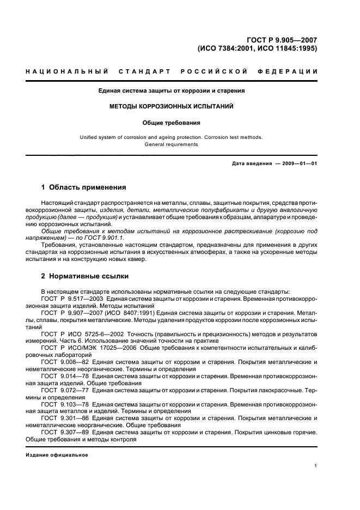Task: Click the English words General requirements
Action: click(171, 145)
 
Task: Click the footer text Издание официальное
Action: click(57, 455)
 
